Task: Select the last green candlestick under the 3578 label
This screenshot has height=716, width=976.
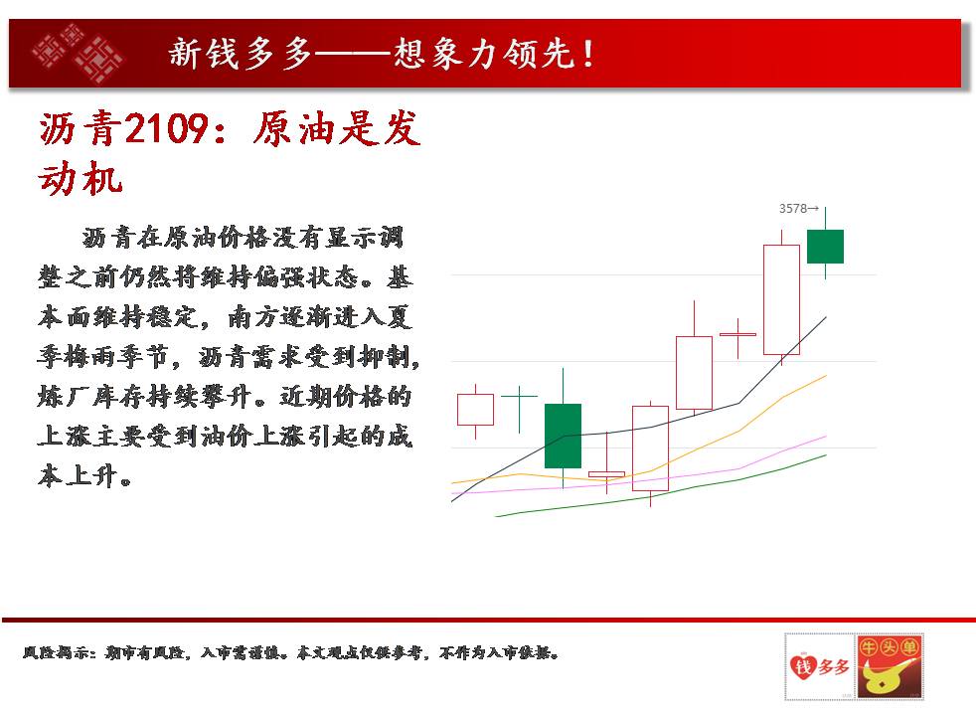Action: coord(825,247)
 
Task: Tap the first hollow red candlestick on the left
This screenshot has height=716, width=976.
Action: coord(475,410)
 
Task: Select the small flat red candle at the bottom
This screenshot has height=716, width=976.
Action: coord(607,474)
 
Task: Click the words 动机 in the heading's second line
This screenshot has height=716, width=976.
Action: coord(81,178)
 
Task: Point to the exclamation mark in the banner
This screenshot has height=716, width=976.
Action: coord(588,54)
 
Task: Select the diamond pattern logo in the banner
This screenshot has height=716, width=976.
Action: coord(78,53)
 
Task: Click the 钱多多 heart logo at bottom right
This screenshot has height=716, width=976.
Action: coord(819,666)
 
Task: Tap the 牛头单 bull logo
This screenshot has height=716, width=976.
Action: coord(890,666)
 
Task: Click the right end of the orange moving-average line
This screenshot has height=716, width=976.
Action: coord(826,376)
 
